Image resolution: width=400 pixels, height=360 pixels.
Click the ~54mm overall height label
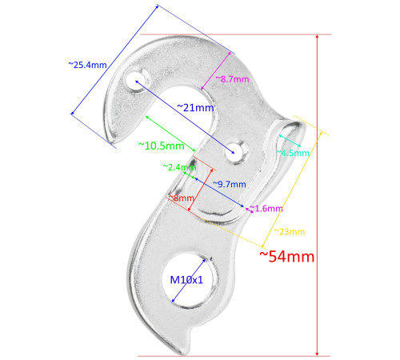(x=286, y=257)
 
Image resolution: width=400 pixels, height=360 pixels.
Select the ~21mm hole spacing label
(x=194, y=107)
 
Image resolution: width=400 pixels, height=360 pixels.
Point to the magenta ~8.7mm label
(x=233, y=79)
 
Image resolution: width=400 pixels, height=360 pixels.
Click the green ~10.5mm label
(x=161, y=146)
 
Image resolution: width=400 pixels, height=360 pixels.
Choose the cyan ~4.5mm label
(x=293, y=153)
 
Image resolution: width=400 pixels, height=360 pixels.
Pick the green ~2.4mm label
(x=179, y=167)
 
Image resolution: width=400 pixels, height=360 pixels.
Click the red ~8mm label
(x=181, y=197)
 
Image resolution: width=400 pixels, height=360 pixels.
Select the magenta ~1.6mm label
(x=267, y=208)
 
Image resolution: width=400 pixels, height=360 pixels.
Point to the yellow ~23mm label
(x=289, y=231)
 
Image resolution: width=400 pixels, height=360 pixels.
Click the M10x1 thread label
(x=186, y=280)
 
